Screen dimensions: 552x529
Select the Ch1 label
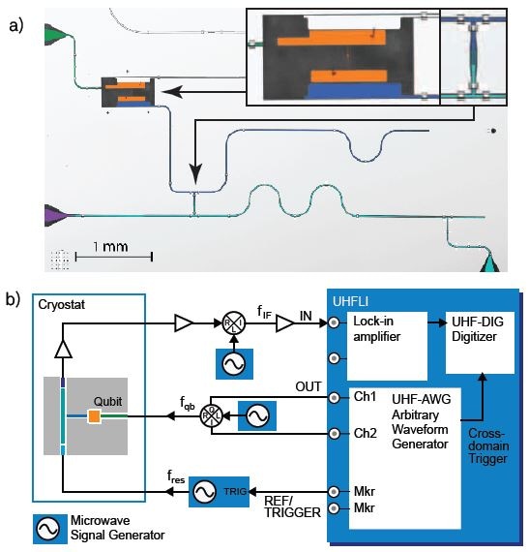click(365, 398)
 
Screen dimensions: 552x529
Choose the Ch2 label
click(365, 432)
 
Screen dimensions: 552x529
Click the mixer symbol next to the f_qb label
click(211, 416)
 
